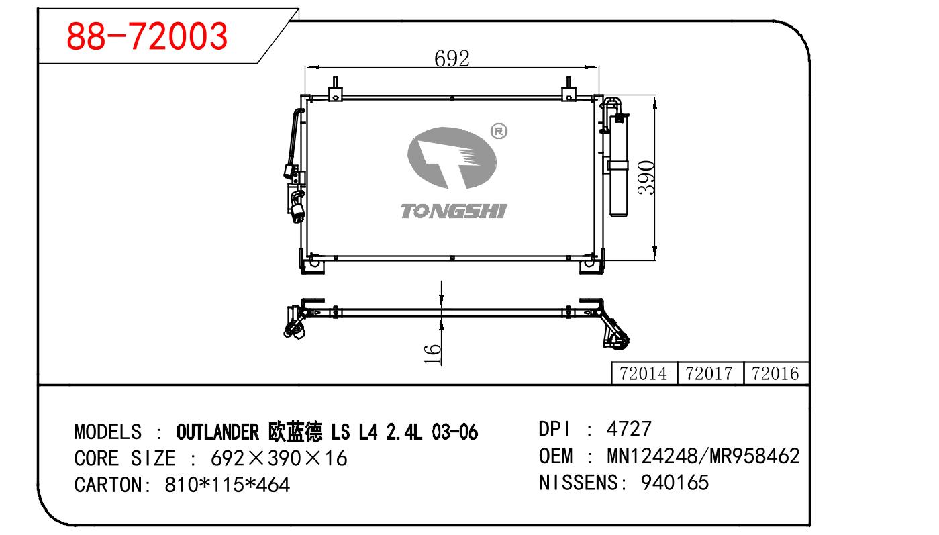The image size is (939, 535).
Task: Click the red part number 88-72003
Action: point(147,36)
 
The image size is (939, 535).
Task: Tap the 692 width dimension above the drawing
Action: point(452,58)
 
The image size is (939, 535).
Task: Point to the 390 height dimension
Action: point(646,177)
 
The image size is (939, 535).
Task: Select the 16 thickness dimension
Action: point(433,354)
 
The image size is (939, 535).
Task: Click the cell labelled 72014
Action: point(644,373)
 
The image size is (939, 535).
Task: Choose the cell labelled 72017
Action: point(709,373)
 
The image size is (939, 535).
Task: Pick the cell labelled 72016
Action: point(775,373)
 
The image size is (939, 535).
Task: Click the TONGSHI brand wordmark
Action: point(454,211)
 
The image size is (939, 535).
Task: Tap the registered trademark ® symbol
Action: point(499,132)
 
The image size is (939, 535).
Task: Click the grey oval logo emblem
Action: point(452,158)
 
